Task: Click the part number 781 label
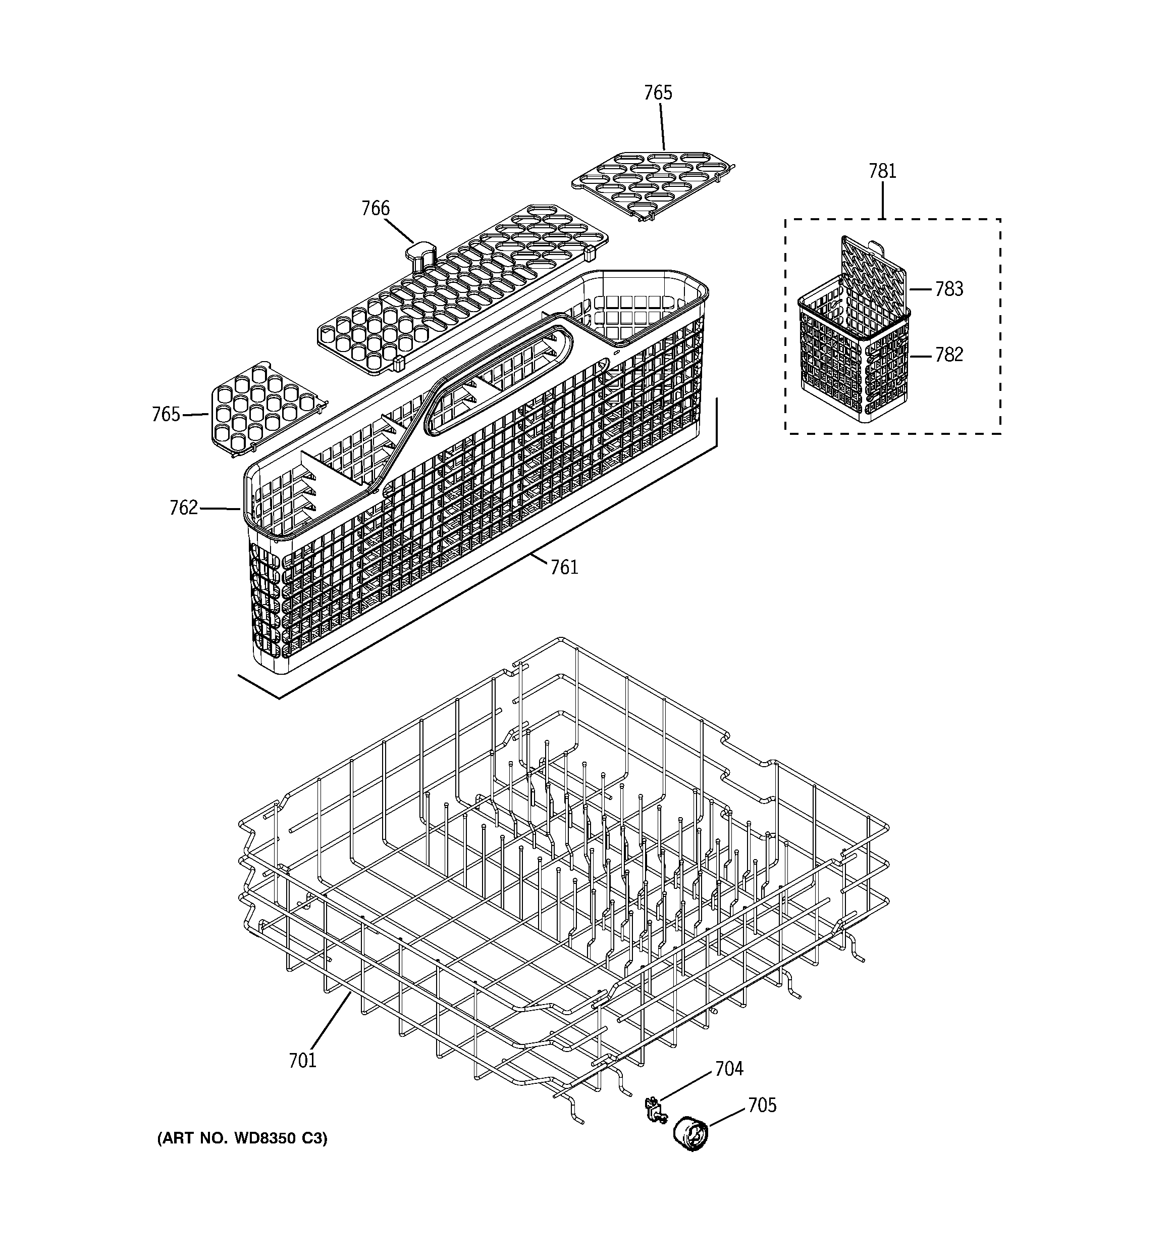coord(882,171)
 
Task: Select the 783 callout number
coord(948,289)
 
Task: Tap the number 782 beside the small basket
coord(948,355)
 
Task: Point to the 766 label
coord(375,208)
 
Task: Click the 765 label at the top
coord(658,93)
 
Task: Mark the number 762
coord(184,508)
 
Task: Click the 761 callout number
coord(564,568)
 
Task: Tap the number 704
coord(729,1069)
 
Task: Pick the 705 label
coord(762,1106)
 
